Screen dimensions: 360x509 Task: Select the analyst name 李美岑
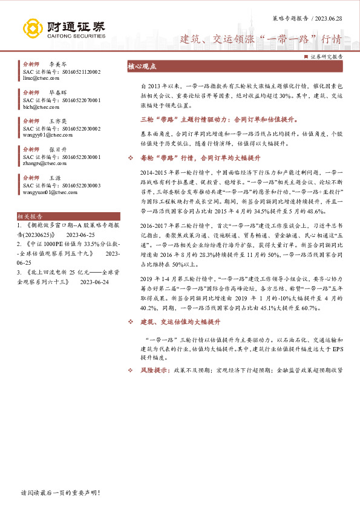[57, 63]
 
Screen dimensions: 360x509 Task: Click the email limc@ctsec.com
[38, 77]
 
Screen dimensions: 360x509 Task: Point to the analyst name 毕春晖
[57, 92]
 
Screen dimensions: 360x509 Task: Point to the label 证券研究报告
[327, 56]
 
